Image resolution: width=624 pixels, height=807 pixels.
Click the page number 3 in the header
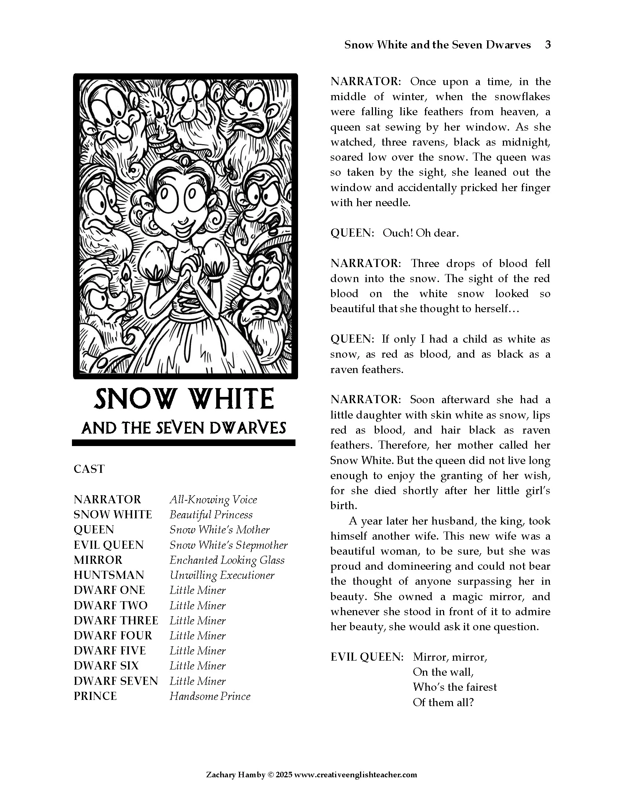click(x=548, y=45)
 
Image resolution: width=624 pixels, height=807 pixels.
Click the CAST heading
click(x=89, y=469)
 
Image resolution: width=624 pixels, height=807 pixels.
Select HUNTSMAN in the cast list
click(x=109, y=575)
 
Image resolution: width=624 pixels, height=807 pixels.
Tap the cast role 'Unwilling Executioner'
click(x=222, y=575)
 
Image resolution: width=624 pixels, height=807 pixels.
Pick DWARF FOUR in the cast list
click(x=113, y=636)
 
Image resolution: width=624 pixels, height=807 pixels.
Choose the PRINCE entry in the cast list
click(x=95, y=696)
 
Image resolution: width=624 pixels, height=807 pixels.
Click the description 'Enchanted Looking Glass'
click(x=227, y=560)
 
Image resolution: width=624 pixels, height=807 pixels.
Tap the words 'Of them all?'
click(x=443, y=702)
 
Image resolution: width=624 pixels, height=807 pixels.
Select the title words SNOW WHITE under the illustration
click(x=184, y=399)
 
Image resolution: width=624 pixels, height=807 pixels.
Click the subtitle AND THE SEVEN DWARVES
click(x=184, y=428)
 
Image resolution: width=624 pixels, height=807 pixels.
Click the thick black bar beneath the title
click(x=184, y=443)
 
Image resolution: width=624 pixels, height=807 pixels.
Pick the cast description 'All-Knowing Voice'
click(x=213, y=500)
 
